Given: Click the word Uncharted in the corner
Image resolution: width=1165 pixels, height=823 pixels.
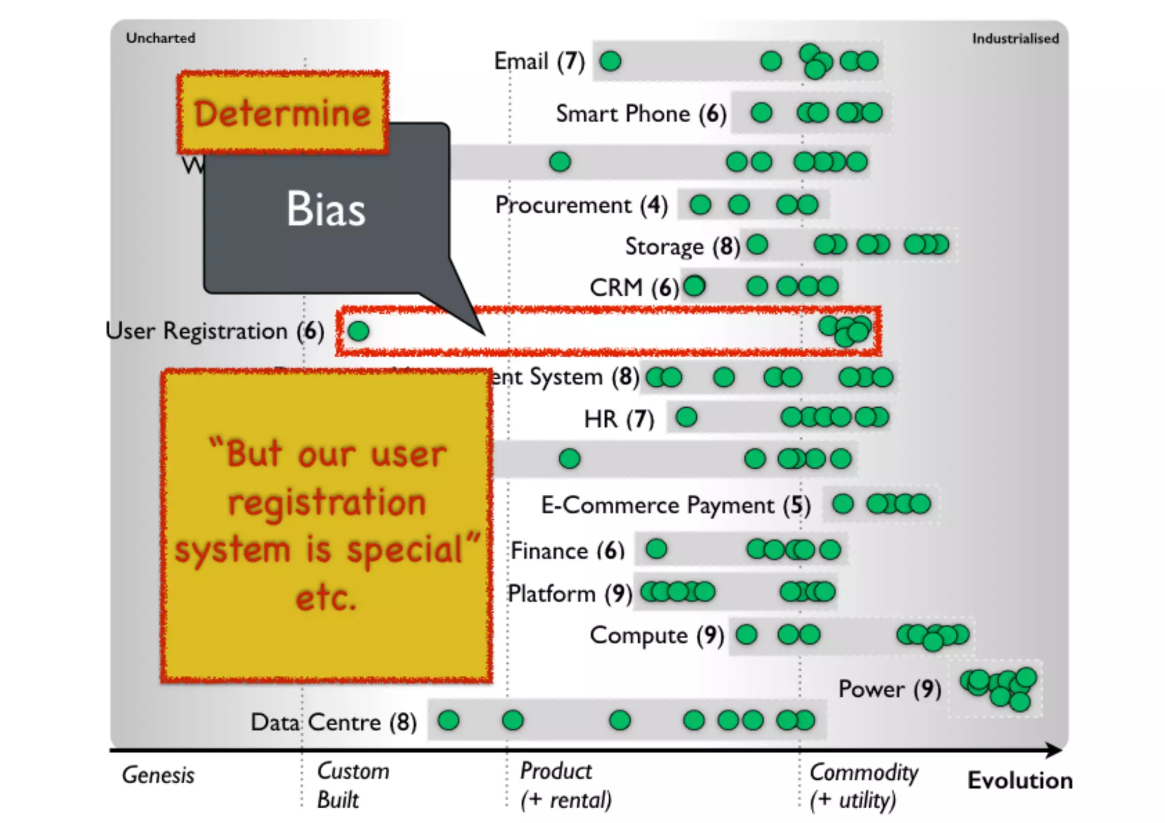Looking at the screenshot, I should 160,38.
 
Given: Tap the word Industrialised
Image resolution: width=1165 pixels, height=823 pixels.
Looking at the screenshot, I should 1015,39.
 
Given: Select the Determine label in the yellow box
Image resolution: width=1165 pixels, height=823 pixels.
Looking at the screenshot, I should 282,113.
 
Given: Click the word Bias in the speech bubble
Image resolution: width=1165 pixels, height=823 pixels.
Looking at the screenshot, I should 325,209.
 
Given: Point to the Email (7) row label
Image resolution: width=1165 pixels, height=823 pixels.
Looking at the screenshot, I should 539,61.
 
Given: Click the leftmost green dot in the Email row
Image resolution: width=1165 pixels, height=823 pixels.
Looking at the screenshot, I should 610,61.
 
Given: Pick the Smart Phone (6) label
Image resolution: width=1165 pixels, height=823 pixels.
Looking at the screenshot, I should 641,114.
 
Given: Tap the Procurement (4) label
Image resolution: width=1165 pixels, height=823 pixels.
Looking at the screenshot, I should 581,205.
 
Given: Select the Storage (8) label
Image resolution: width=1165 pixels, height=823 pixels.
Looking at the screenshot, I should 682,246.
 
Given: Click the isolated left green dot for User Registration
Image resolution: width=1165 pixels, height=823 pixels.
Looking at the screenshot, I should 358,331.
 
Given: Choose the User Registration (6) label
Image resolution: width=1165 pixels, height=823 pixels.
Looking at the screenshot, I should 214,331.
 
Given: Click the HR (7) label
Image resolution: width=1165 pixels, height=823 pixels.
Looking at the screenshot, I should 619,419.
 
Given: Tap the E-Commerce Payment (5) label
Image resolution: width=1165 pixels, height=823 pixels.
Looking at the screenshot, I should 675,505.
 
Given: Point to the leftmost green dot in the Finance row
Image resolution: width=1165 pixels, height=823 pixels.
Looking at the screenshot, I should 656,549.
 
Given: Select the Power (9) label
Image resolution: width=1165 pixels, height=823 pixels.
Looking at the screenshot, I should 889,689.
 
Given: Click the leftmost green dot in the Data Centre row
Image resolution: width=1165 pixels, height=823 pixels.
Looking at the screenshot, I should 448,721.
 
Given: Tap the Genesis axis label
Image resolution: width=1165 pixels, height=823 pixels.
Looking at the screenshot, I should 158,775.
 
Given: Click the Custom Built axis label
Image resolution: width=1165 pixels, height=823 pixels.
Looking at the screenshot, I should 353,785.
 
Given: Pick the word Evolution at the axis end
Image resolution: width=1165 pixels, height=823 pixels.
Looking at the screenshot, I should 1020,780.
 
